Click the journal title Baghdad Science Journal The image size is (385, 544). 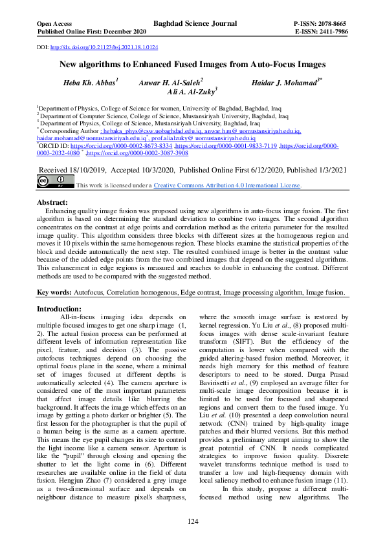[x=193, y=25]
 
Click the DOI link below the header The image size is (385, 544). [x=104, y=48]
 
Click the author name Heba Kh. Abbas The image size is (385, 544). [x=90, y=83]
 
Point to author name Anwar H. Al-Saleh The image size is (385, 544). [x=170, y=83]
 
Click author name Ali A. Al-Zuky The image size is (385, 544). [x=192, y=93]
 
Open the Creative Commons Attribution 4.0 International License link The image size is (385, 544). [x=226, y=185]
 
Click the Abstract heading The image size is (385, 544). [x=55, y=202]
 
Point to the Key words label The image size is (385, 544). [x=53, y=292]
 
